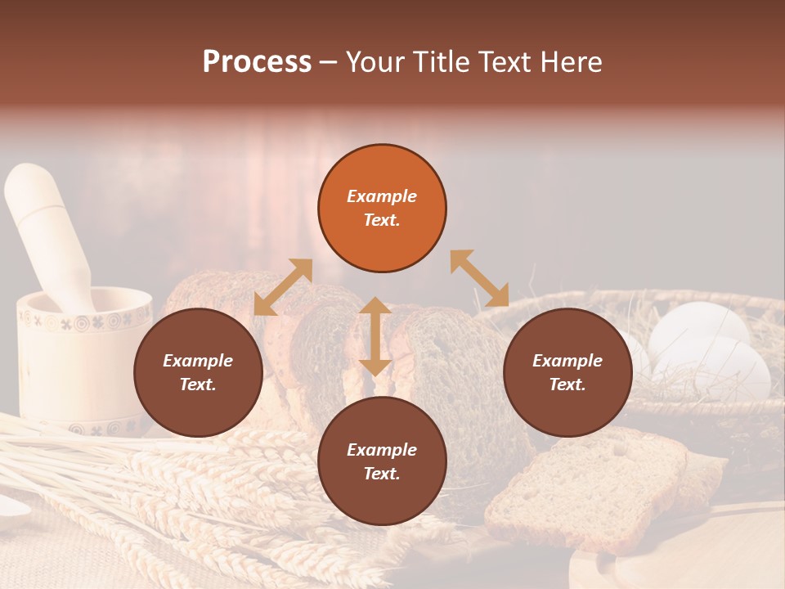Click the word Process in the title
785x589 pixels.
pyautogui.click(x=257, y=62)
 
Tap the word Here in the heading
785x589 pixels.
pyautogui.click(x=570, y=62)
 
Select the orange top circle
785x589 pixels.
pyautogui.click(x=382, y=209)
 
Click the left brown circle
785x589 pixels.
pyautogui.click(x=198, y=372)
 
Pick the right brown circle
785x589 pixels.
pyautogui.click(x=567, y=372)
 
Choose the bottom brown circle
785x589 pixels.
pyautogui.click(x=382, y=461)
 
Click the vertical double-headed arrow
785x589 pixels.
pyautogui.click(x=375, y=336)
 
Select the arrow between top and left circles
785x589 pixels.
pyautogui.click(x=283, y=286)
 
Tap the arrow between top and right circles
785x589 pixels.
pyautogui.click(x=479, y=278)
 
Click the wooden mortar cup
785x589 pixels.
pyautogui.click(x=82, y=360)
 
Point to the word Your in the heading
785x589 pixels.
pyautogui.click(x=375, y=62)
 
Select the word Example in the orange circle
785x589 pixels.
pyautogui.click(x=382, y=196)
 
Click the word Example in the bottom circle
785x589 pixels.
pyautogui.click(x=382, y=450)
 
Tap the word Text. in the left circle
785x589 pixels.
pyautogui.click(x=198, y=384)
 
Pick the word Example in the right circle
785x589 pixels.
pyautogui.click(x=567, y=361)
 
